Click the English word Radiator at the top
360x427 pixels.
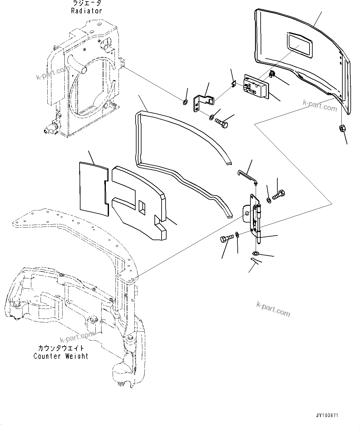click(86, 11)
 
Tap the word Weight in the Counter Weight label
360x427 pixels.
click(76, 356)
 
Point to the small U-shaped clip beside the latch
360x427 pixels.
click(235, 84)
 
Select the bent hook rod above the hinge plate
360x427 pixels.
click(246, 175)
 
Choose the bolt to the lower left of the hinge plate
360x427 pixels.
click(226, 240)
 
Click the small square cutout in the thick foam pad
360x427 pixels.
click(142, 207)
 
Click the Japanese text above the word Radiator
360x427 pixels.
click(87, 3)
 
